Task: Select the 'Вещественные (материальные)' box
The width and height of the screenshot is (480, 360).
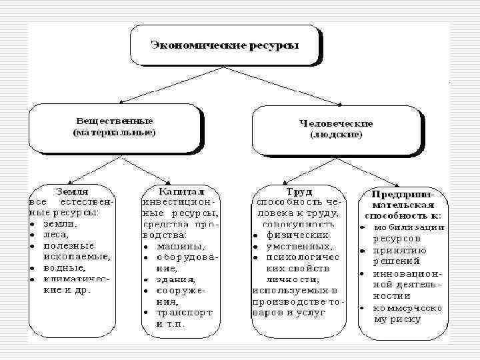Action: [114, 128]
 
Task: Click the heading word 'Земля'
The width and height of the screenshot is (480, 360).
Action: [73, 190]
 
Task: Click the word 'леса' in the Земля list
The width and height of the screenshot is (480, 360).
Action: [55, 235]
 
